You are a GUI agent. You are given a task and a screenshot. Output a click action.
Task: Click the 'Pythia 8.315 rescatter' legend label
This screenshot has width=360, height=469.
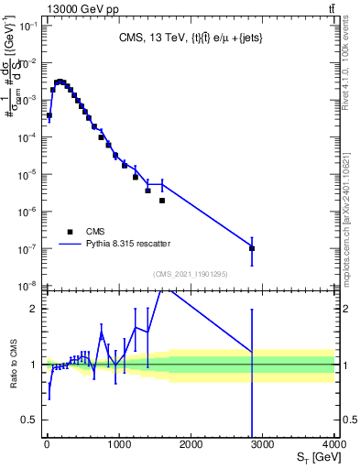(x=129, y=244)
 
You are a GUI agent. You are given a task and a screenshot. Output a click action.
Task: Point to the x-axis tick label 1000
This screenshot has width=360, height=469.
(x=118, y=445)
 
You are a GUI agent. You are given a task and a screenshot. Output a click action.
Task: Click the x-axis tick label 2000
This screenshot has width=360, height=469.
(x=191, y=445)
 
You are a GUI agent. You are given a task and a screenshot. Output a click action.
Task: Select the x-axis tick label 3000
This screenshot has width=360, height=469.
(x=263, y=445)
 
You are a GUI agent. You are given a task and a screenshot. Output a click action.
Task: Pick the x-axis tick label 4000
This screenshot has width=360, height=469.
(x=334, y=445)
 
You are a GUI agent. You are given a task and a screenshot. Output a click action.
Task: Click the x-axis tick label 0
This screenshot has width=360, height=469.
(x=47, y=445)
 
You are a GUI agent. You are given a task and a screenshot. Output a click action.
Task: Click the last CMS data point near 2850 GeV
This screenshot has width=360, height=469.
(x=252, y=248)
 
